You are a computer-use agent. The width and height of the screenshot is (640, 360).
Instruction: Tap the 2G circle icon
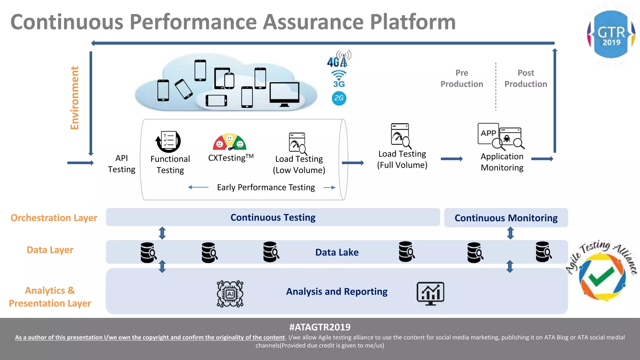(339, 98)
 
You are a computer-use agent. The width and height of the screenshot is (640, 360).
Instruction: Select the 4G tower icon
(339, 59)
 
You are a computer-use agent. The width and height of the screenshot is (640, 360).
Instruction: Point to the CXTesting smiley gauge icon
(230, 142)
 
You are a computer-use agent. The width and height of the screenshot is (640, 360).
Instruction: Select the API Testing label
(122, 164)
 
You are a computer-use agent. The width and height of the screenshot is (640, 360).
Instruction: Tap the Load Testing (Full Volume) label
(402, 159)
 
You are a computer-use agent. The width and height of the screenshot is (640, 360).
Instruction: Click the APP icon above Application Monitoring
(488, 133)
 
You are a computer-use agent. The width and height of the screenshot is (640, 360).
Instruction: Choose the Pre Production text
(462, 78)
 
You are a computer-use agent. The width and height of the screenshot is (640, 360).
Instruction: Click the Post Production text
(526, 78)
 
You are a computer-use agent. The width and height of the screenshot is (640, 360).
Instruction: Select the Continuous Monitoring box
(506, 218)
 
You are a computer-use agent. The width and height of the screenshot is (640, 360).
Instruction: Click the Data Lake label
(337, 252)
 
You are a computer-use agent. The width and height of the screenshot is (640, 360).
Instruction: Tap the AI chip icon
(230, 294)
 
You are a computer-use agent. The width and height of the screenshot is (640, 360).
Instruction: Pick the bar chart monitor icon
(430, 293)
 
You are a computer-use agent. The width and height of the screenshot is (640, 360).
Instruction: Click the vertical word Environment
(74, 98)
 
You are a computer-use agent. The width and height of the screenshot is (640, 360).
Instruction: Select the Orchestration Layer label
(54, 217)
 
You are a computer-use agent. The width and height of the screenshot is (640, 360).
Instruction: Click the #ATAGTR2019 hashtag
(320, 327)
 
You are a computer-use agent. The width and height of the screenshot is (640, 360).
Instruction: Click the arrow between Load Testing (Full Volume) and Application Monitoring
(452, 159)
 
